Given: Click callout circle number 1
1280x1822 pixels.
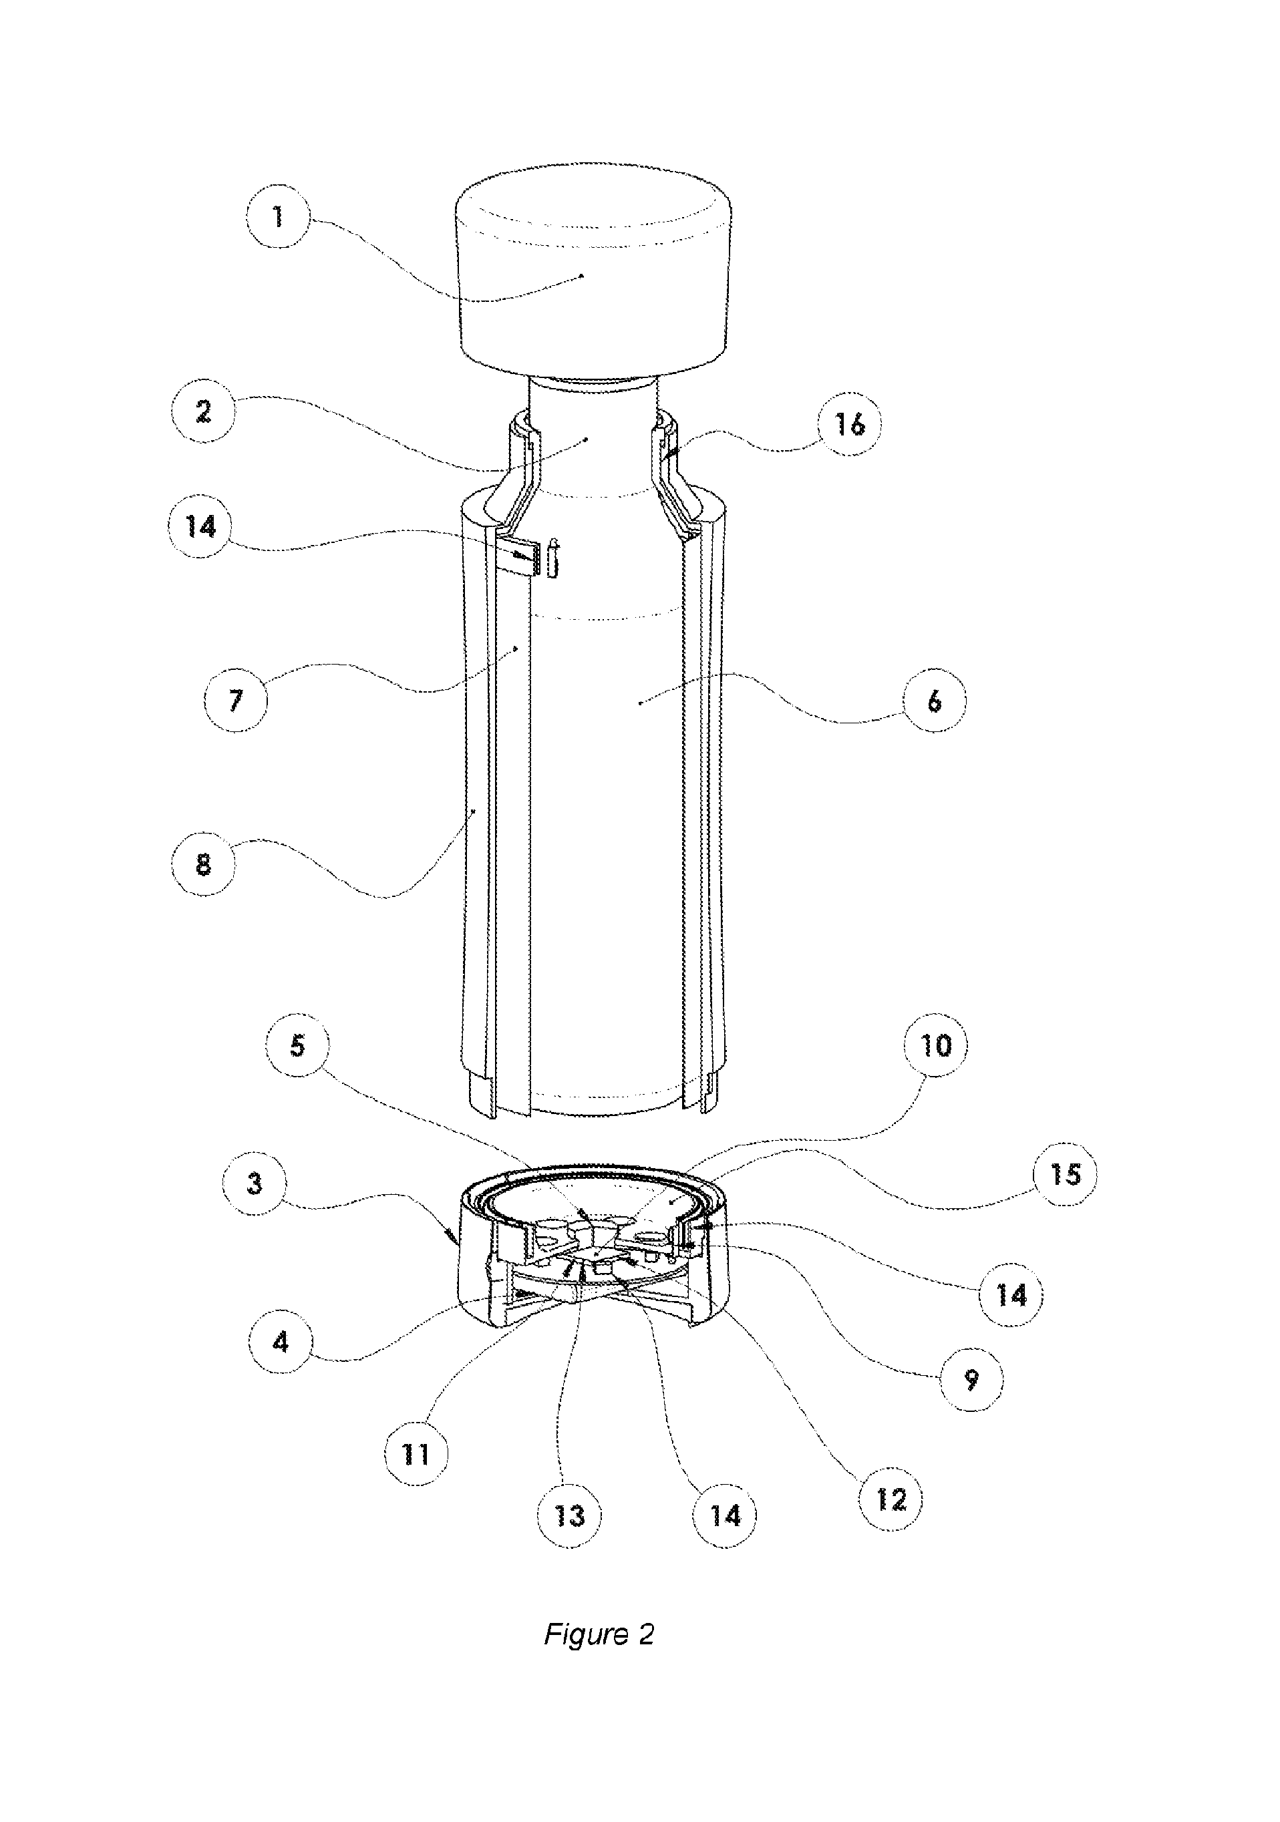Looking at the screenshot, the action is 278,216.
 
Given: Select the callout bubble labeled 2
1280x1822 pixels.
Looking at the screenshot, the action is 203,411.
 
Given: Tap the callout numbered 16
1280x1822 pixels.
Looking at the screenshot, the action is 850,425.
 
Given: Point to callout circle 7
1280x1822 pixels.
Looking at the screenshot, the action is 236,701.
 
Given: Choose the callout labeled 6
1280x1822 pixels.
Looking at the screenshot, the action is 934,701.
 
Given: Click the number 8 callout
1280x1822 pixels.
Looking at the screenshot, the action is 203,864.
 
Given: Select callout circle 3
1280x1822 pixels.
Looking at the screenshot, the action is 254,1184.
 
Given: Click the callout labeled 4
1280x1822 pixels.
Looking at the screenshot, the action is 280,1342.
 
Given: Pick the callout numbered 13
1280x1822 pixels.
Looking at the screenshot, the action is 569,1515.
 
